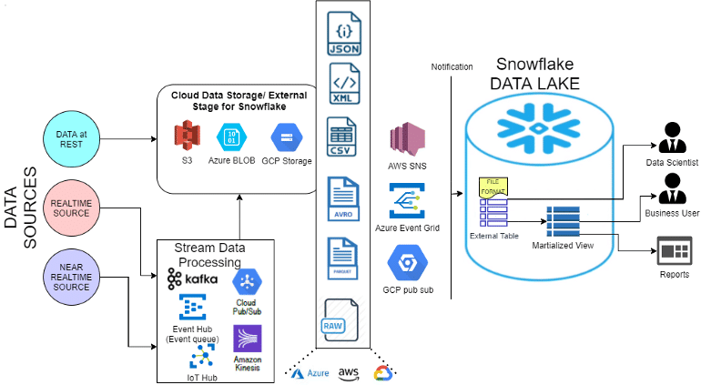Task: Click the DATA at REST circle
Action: pos(71,140)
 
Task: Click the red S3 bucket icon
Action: pos(188,138)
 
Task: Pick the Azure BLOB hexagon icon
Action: pos(230,138)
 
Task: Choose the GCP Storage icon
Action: pos(284,138)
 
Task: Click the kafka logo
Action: pos(191,278)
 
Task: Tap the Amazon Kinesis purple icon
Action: pos(248,339)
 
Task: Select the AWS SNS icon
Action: pos(408,142)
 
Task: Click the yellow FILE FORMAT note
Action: pos(493,186)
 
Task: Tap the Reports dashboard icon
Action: pos(676,251)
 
